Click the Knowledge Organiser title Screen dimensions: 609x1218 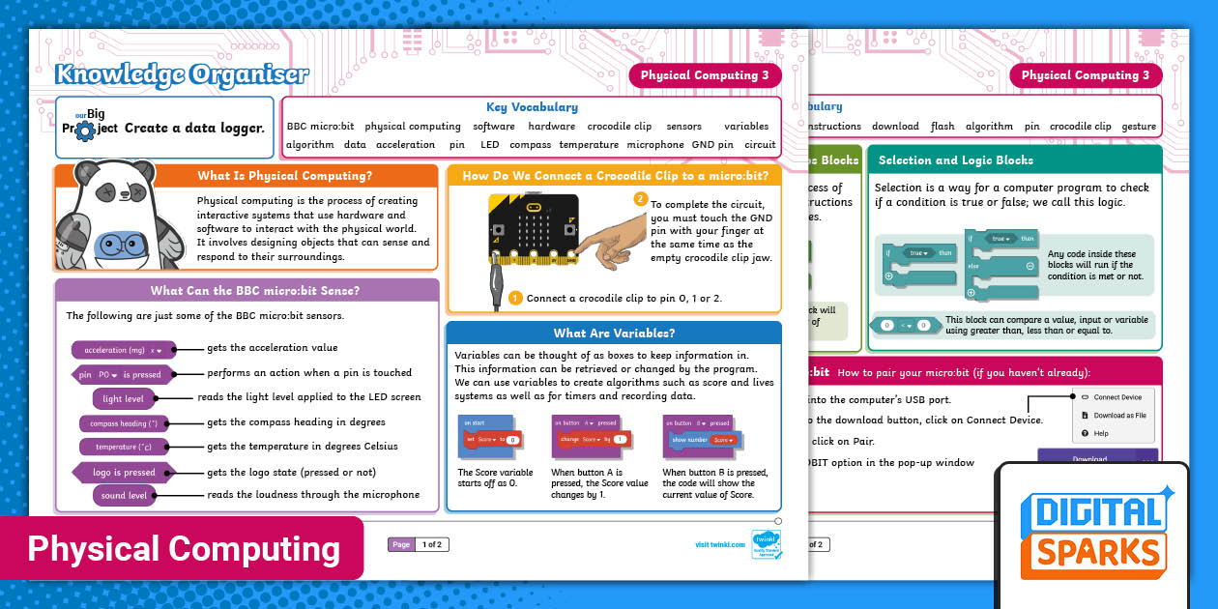(182, 74)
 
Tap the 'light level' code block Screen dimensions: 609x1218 (123, 398)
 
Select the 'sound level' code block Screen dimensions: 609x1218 (124, 496)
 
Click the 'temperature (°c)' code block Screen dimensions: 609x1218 (123, 447)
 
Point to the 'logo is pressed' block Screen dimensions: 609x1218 (124, 473)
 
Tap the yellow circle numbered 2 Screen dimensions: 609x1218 (639, 199)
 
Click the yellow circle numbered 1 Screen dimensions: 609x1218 (516, 298)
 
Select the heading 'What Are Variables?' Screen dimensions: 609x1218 (614, 333)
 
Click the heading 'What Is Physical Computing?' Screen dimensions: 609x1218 (284, 176)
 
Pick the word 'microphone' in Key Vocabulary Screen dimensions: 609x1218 (654, 145)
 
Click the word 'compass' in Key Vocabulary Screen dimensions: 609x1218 (530, 145)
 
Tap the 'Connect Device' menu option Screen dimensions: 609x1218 (1116, 397)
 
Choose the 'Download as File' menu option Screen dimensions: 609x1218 (1119, 416)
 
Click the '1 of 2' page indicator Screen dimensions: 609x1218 (431, 545)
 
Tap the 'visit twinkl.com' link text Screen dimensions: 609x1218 (720, 545)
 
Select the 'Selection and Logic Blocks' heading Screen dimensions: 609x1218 (955, 160)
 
